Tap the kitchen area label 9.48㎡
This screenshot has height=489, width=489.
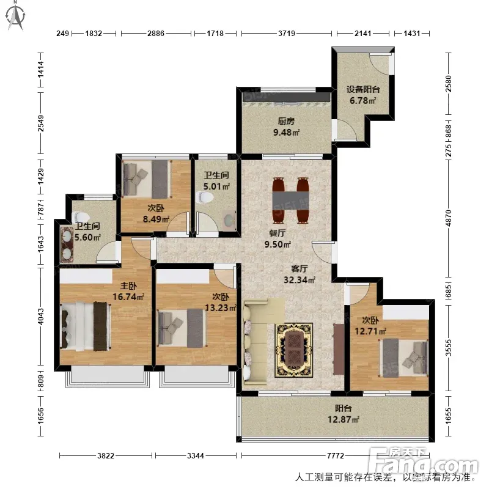[x=286, y=132]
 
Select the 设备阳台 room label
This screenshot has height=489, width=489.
[x=363, y=89]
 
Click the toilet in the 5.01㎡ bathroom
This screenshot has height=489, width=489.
[x=205, y=197]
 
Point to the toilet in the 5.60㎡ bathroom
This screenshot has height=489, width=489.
[x=81, y=217]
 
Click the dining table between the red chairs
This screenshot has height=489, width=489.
[x=290, y=200]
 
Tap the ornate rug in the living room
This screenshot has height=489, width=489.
[x=293, y=350]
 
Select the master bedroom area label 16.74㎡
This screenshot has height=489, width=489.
[x=128, y=296]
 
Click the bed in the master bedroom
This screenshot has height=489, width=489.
[x=85, y=326]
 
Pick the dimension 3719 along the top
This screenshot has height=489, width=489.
[x=287, y=33]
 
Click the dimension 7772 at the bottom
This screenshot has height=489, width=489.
[x=335, y=455]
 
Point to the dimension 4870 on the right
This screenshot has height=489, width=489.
[x=448, y=218]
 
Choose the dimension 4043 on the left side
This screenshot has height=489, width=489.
[x=41, y=316]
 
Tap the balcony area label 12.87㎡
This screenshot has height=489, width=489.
[x=343, y=419]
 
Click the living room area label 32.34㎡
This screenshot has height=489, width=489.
[x=300, y=280]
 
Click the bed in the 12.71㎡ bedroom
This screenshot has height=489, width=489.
[x=403, y=358]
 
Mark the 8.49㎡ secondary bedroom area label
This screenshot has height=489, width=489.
[x=156, y=219]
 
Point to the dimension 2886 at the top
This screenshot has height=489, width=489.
[x=156, y=33]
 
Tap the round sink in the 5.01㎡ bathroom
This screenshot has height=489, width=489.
[x=230, y=219]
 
